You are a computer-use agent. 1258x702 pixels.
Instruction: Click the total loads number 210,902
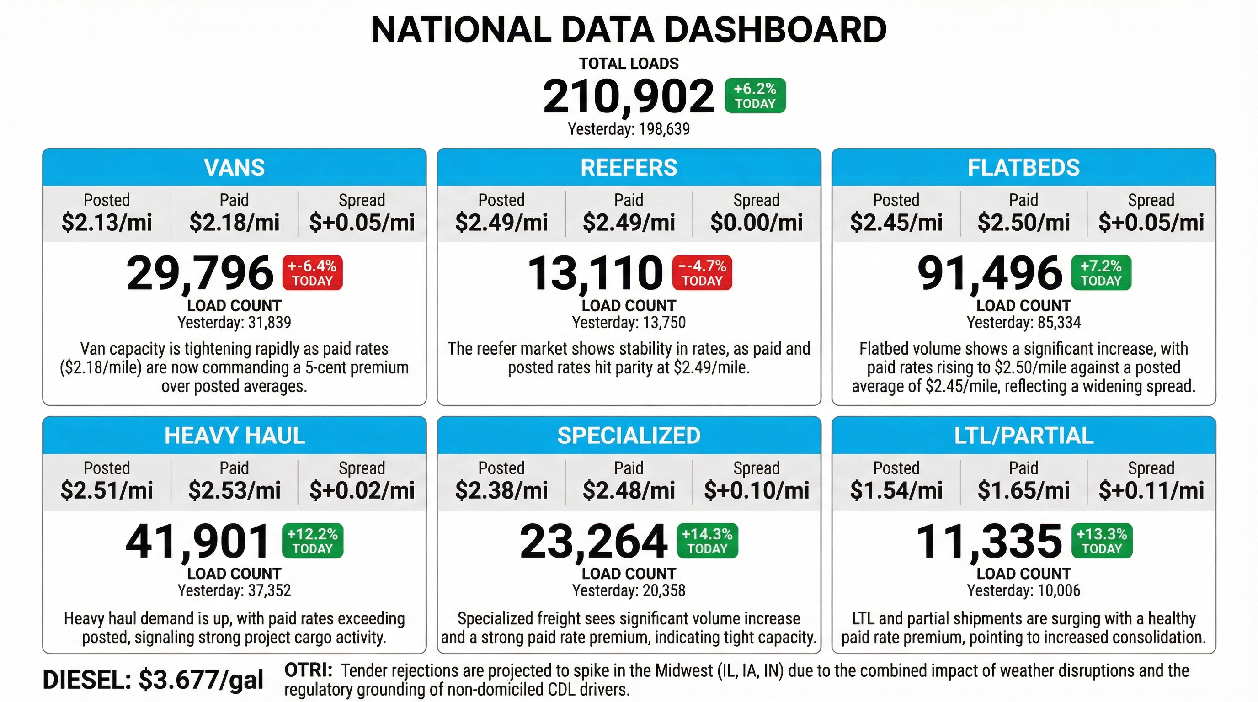(x=628, y=96)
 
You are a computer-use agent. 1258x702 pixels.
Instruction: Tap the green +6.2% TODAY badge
(x=755, y=96)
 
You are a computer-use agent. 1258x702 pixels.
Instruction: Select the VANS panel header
(x=235, y=167)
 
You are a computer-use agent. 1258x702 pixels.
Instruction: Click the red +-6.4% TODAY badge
(x=313, y=273)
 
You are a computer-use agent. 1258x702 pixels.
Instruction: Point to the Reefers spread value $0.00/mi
(x=756, y=223)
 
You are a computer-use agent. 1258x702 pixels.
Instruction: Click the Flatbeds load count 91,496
(x=989, y=273)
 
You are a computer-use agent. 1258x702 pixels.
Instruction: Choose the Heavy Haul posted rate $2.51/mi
(x=107, y=490)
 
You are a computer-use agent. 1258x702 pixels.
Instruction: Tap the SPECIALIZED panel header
(x=629, y=436)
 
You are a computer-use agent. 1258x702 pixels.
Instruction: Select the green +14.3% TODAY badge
(x=707, y=541)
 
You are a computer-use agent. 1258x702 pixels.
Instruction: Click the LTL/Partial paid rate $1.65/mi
(x=1023, y=490)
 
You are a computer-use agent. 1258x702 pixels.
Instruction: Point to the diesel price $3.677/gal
(x=201, y=680)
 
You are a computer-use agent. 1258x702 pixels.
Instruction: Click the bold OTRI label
(x=308, y=670)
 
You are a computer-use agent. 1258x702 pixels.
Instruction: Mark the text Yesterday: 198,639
(x=629, y=129)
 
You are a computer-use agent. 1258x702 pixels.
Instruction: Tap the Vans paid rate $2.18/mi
(x=235, y=223)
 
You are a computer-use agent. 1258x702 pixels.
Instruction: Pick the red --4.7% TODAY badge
(x=702, y=273)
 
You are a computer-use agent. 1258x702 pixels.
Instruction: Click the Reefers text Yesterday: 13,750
(x=629, y=323)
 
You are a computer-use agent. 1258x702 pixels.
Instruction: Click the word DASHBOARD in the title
(x=775, y=30)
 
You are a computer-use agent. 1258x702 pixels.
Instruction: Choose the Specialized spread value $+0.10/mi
(x=756, y=490)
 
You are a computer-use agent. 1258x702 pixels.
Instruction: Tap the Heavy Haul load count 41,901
(x=198, y=542)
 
